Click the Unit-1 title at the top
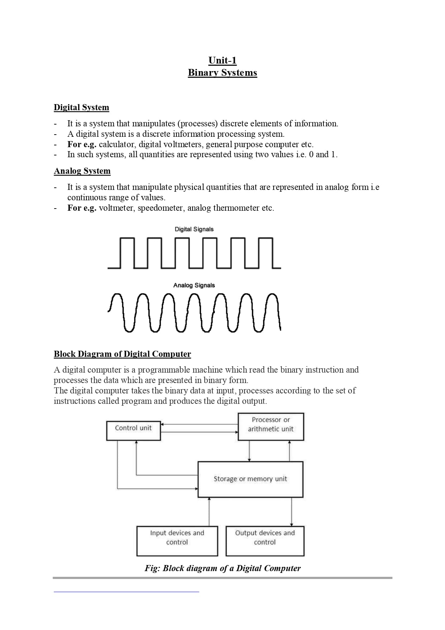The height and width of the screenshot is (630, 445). point(222,60)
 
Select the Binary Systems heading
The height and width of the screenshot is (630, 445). point(222,73)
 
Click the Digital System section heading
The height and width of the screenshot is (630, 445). point(81,107)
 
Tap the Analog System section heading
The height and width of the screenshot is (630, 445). point(82,171)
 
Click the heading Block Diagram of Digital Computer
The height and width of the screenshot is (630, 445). point(122,354)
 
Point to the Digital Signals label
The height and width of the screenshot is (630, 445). point(194,229)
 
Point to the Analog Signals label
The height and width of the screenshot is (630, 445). point(194,285)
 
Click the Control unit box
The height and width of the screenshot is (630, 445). point(133,430)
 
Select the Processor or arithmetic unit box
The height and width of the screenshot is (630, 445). point(271,426)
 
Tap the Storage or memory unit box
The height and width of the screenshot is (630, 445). point(250,479)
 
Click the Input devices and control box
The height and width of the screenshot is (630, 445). point(177,541)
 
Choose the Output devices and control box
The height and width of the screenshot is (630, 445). point(265,541)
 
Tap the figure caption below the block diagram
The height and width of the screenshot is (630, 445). point(222,568)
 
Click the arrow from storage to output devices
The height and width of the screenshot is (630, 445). point(292,512)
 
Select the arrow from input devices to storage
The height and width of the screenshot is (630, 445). point(209,512)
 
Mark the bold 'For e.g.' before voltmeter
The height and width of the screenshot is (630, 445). point(82,208)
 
